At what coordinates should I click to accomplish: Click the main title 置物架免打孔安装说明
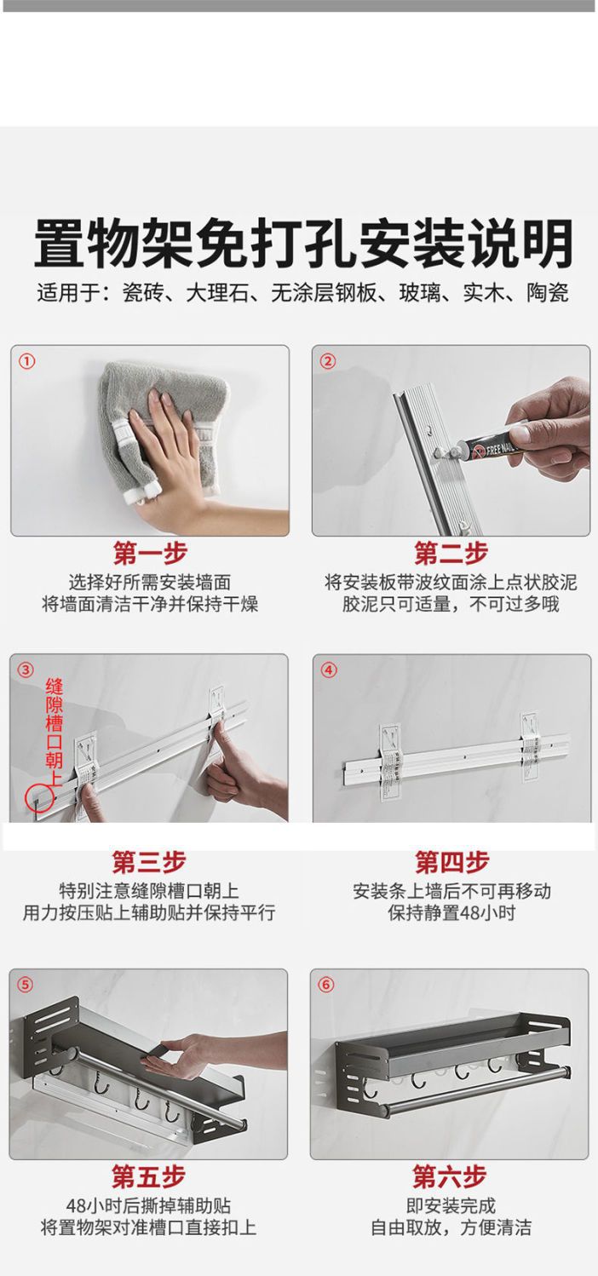coord(303,244)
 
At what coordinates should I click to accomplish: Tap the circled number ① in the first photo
coord(27,361)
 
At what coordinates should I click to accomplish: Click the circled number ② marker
coord(329,361)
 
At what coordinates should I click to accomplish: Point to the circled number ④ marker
coord(329,670)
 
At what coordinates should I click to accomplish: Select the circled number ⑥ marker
coord(326,985)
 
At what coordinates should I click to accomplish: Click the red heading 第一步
coord(150,553)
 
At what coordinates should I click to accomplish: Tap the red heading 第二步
coord(451,553)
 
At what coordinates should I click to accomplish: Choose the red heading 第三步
coord(148,862)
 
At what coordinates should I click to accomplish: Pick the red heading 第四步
coord(451,862)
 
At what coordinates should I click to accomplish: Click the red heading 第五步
coord(148,1176)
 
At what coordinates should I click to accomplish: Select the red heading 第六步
coord(450,1176)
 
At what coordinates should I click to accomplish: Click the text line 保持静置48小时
coord(451,912)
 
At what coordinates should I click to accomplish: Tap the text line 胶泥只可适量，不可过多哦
coord(451,604)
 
